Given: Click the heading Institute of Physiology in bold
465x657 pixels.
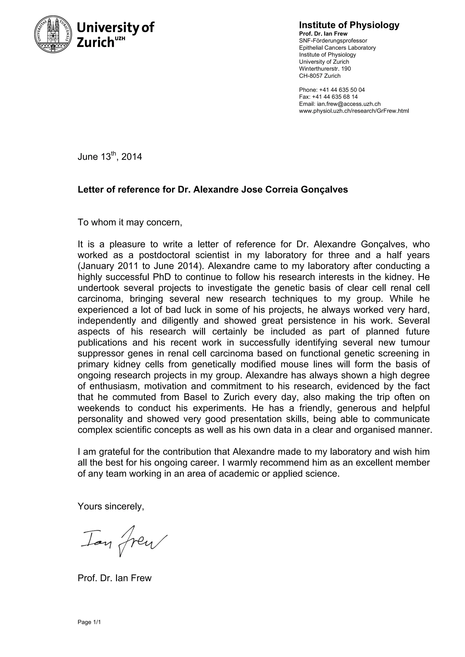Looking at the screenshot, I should click(x=349, y=25).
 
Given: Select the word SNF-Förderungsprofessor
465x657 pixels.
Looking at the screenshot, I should click(x=333, y=41).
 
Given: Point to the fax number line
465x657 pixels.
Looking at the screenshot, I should click(x=328, y=97).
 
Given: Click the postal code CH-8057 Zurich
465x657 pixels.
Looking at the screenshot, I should click(x=319, y=76).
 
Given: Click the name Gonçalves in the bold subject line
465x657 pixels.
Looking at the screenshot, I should click(x=324, y=190).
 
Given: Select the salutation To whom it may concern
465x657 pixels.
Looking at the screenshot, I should click(x=130, y=222).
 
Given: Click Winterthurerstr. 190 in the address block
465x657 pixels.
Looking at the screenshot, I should click(x=325, y=69).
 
